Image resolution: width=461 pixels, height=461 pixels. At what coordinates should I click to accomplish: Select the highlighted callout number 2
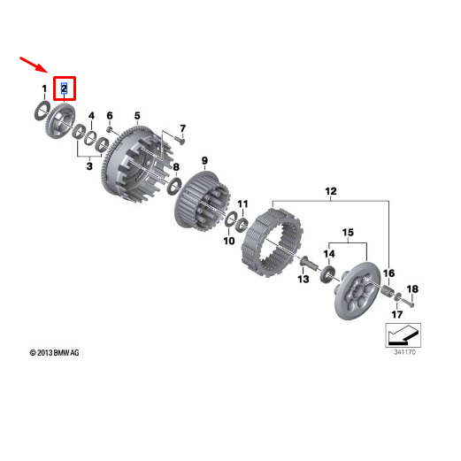64,88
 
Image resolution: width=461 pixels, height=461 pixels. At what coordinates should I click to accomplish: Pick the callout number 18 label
412,289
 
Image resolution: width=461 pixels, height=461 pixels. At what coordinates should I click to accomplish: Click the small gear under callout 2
62,117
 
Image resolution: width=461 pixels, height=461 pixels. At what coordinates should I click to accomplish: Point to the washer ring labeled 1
42,110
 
